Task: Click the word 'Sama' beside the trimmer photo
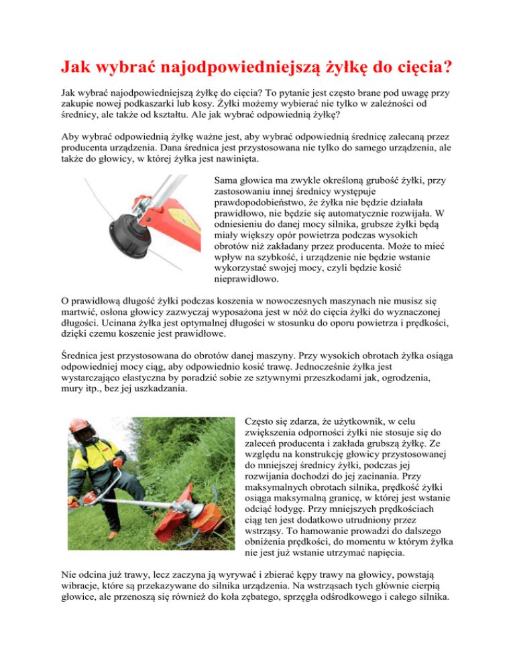click(225, 181)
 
